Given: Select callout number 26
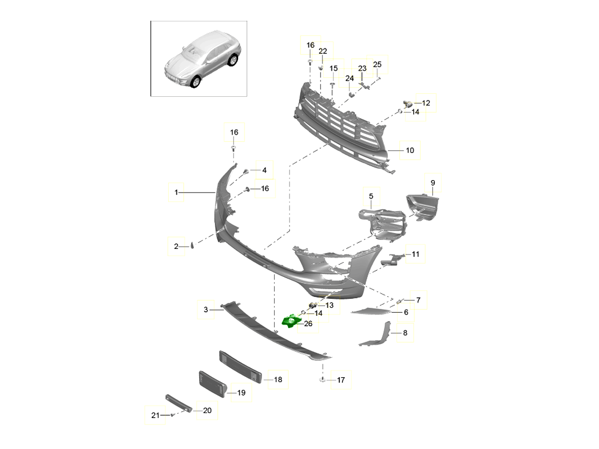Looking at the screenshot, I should click(x=308, y=324).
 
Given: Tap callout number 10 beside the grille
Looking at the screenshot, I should click(x=409, y=150).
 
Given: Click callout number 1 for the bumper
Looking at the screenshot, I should click(x=176, y=192).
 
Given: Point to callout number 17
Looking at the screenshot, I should click(x=341, y=380).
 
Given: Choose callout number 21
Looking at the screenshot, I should click(x=155, y=414).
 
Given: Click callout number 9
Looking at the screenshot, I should click(x=433, y=183).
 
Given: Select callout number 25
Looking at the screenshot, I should click(x=377, y=64).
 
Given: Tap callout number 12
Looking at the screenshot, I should click(x=425, y=103).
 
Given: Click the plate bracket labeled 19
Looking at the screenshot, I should click(x=213, y=384).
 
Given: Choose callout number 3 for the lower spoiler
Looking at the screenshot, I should click(x=206, y=310).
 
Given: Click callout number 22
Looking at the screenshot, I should click(x=322, y=51).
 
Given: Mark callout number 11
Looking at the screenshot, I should click(x=415, y=254).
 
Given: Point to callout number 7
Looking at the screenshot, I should click(x=418, y=300).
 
